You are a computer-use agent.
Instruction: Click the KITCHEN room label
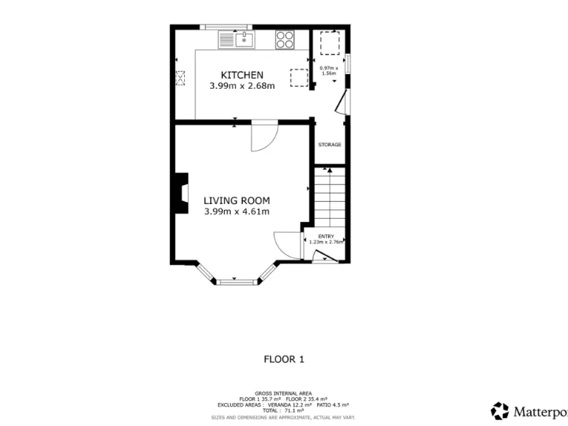(x=242, y=75)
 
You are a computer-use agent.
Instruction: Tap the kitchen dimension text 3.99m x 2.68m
(x=242, y=86)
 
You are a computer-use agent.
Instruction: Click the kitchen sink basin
(x=244, y=39)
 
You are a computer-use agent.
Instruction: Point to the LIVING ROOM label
(x=237, y=200)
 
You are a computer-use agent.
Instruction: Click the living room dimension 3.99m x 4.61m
(x=237, y=212)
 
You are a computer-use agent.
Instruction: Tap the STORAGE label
(x=330, y=145)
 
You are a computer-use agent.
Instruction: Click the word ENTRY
(x=326, y=236)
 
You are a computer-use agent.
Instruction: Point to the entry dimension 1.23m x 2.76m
(x=326, y=242)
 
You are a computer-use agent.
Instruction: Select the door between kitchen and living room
(x=263, y=136)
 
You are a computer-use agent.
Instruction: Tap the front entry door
(x=323, y=257)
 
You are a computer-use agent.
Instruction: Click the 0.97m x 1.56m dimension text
(x=328, y=71)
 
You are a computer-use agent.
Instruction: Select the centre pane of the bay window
(x=237, y=281)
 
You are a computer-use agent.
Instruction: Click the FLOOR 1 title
(x=284, y=359)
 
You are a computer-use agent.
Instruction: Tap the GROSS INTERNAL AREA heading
(x=283, y=393)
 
